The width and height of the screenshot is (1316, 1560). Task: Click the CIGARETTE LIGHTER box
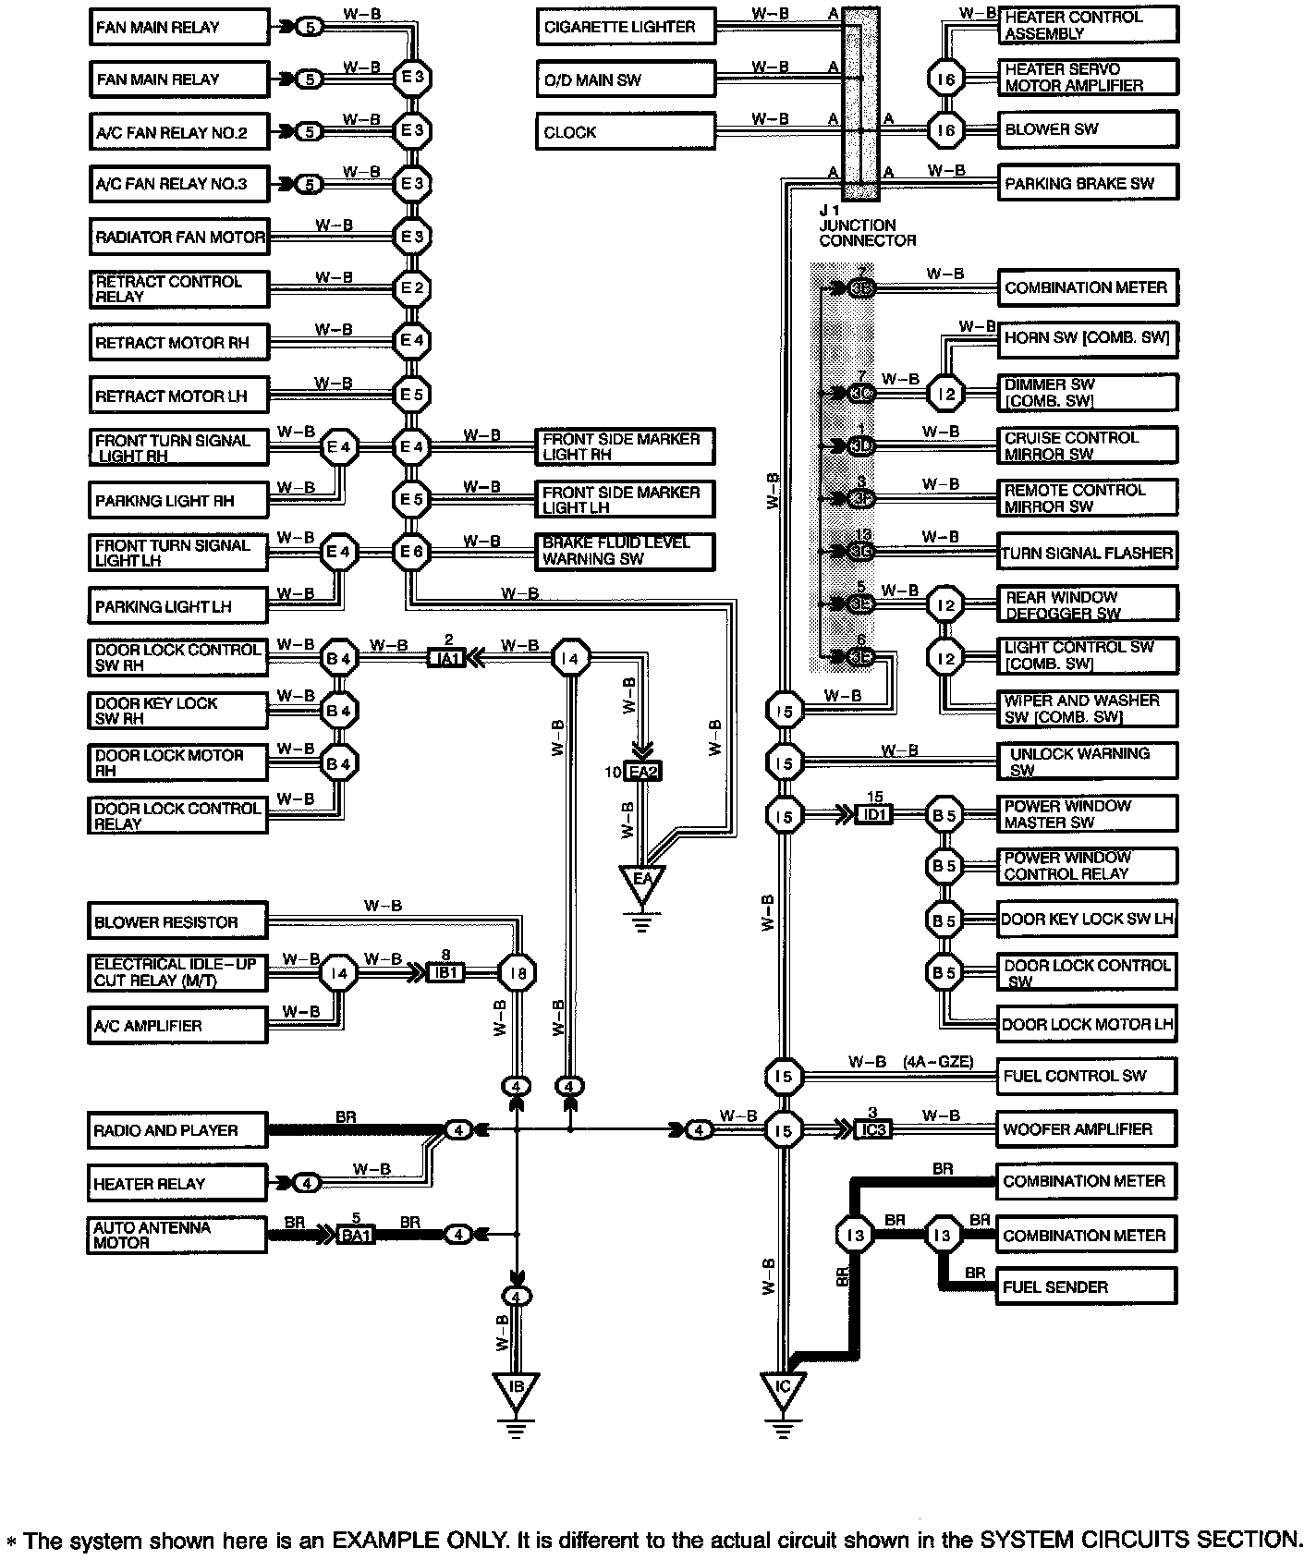[626, 27]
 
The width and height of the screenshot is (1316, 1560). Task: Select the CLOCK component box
[626, 132]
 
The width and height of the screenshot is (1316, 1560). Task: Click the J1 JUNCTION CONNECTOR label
[866, 225]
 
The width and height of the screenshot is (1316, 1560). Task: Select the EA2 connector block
[643, 772]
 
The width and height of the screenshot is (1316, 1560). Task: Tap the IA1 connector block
[447, 659]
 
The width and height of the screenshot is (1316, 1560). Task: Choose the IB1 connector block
[445, 973]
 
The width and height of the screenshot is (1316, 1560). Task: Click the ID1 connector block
[874, 815]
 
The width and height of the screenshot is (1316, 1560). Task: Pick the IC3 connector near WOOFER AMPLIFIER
[872, 1129]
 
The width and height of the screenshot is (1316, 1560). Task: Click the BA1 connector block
[356, 1235]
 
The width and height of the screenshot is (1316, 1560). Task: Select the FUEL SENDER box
[1086, 1286]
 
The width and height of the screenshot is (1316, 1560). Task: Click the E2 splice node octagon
[411, 289]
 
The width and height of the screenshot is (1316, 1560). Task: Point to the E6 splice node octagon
[411, 554]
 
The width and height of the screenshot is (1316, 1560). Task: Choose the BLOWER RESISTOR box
[177, 922]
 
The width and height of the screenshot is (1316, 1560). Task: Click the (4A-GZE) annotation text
[938, 1063]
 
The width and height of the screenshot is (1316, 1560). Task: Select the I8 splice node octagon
[517, 973]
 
